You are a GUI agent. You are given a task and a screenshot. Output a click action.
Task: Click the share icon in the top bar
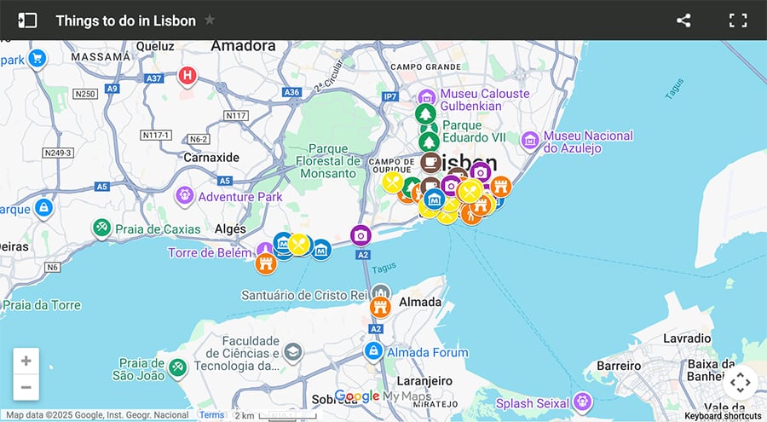(x=683, y=20)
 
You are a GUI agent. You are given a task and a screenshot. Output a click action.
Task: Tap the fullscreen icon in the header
(x=737, y=20)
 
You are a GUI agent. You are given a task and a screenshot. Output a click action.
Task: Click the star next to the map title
(x=210, y=20)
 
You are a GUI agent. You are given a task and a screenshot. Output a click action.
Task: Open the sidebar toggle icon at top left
(x=27, y=20)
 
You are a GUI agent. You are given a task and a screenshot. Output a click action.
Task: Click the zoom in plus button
(x=26, y=361)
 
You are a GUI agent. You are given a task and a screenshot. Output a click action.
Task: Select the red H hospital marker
(x=187, y=77)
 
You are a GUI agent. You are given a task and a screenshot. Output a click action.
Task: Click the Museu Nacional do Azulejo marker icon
(x=530, y=139)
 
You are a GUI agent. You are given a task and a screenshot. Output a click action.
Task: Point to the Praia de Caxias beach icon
(x=102, y=228)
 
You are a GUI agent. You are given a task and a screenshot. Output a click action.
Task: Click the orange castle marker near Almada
(x=380, y=306)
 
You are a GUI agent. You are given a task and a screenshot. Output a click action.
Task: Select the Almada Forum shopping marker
(x=373, y=351)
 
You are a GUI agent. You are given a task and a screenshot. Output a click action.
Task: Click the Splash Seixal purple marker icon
(x=582, y=400)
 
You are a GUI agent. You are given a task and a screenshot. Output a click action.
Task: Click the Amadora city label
(x=243, y=45)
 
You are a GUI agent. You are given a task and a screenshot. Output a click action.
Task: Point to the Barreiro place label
(x=618, y=365)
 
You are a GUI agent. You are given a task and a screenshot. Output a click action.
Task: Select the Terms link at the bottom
(x=211, y=415)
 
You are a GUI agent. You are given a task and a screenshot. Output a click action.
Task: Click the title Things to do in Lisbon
(x=125, y=20)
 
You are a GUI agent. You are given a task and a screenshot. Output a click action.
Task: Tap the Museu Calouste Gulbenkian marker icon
(x=425, y=96)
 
